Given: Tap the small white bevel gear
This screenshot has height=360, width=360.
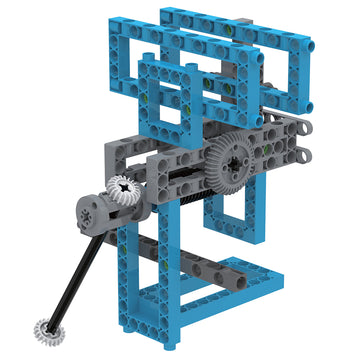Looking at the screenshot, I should coord(122,191).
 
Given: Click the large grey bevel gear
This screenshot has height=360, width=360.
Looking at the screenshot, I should coord(231,159).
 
